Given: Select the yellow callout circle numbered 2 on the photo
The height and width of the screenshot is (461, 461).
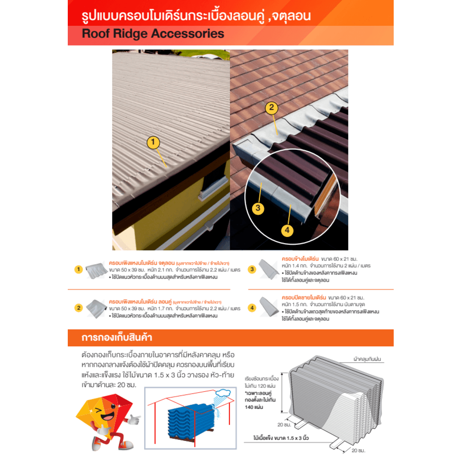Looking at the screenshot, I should coord(272,107).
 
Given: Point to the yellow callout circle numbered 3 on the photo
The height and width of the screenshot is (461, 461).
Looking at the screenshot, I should coord(259,208).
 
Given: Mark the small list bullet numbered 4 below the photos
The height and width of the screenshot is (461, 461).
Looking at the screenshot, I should coord(252,307).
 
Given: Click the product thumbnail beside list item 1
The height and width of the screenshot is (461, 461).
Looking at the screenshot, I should coord(95,271).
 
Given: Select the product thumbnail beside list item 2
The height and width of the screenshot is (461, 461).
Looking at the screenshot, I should coord(95,307).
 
